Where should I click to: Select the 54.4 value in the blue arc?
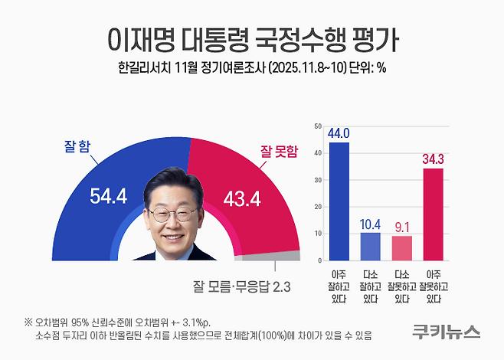pyautogui.click(x=109, y=197)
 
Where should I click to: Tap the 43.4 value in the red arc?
pyautogui.click(x=242, y=197)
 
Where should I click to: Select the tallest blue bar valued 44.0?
pyautogui.click(x=339, y=201)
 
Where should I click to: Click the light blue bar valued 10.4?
pyautogui.click(x=370, y=246)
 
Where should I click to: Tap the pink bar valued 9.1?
pyautogui.click(x=401, y=247)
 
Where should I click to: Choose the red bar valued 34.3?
pyautogui.click(x=433, y=214)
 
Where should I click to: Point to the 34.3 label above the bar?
pyautogui.click(x=434, y=159)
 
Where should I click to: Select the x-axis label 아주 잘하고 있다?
pyautogui.click(x=339, y=286)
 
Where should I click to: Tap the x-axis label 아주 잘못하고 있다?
pyautogui.click(x=434, y=286)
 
